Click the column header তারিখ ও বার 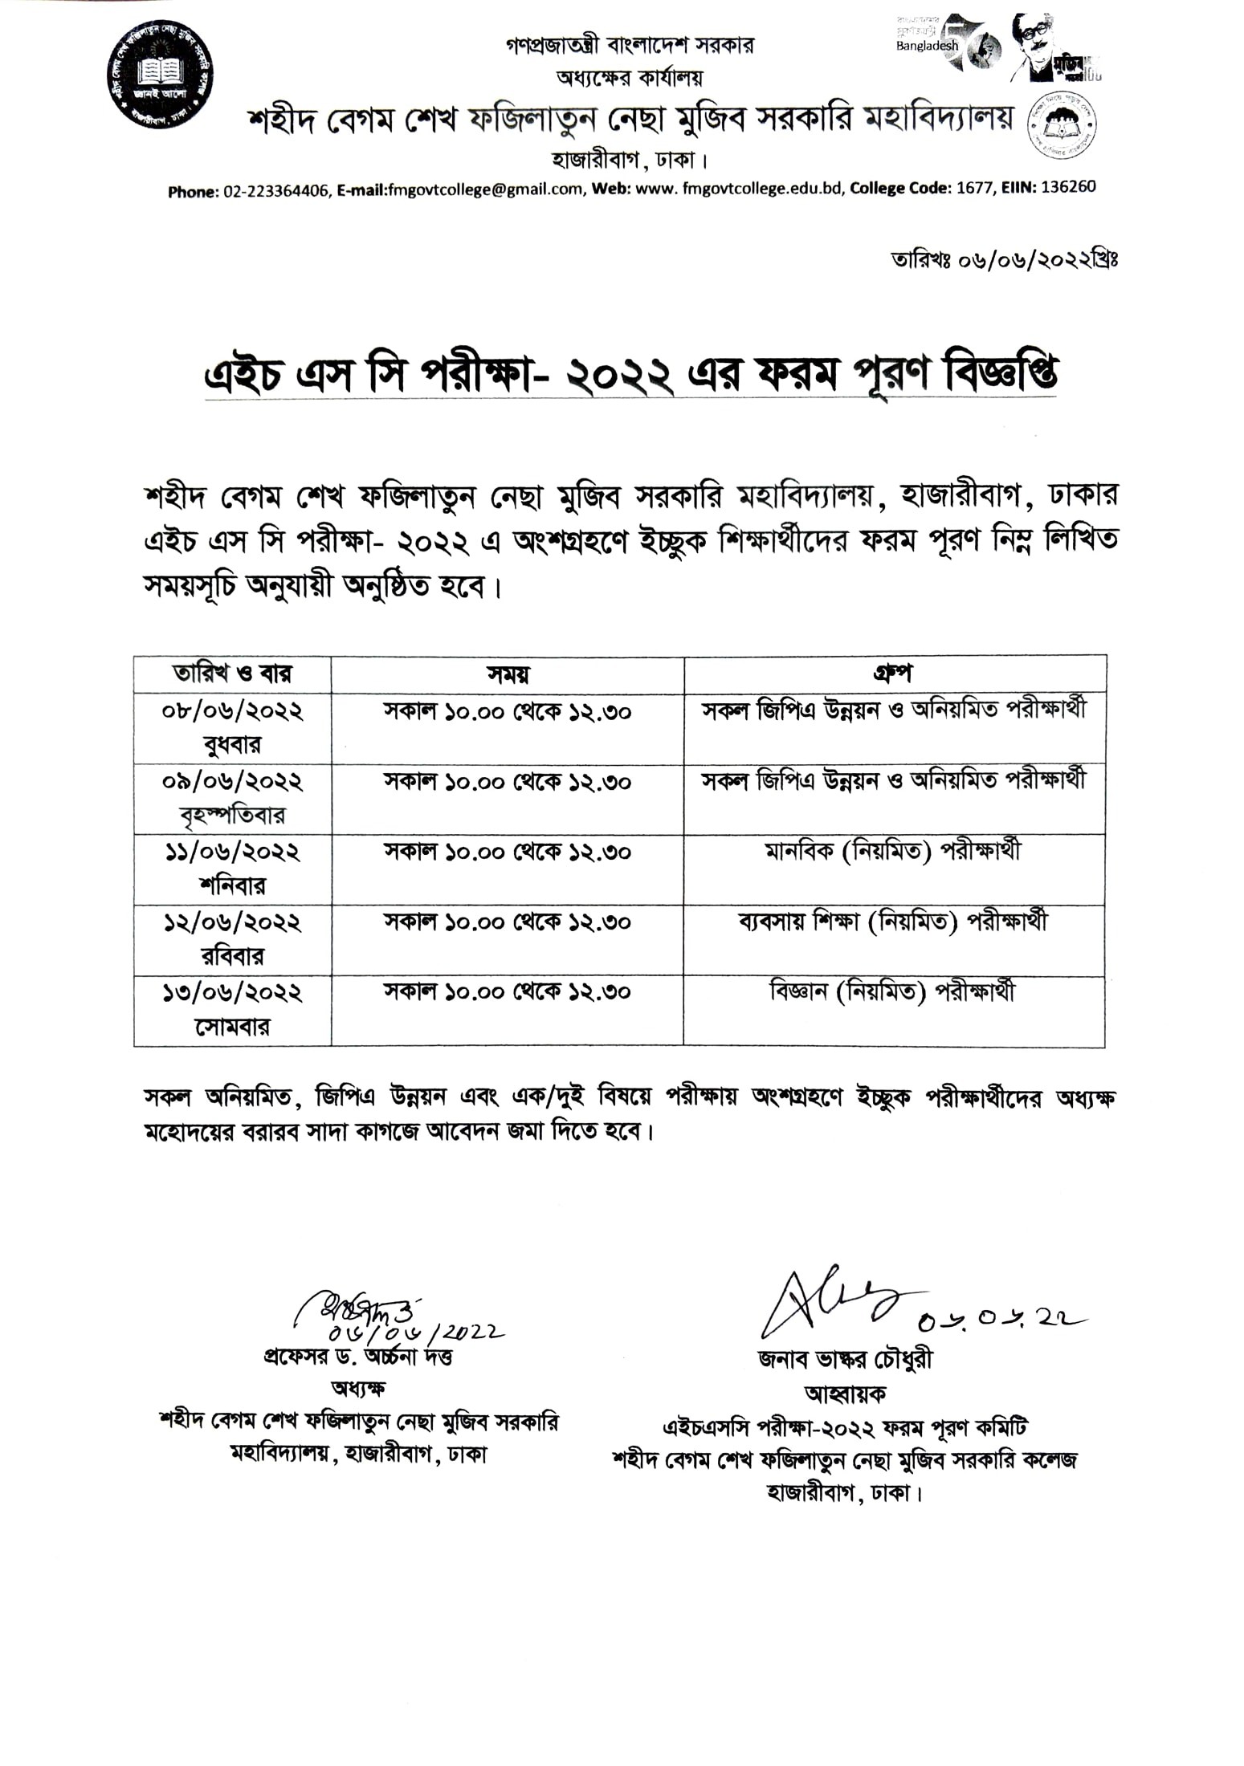(x=232, y=673)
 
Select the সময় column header (x=508, y=674)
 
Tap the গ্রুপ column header (x=893, y=673)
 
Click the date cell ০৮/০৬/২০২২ (x=232, y=711)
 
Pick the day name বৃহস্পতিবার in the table (x=232, y=816)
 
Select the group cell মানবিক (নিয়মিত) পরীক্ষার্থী (x=893, y=850)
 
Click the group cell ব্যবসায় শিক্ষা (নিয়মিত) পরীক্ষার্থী (x=893, y=921)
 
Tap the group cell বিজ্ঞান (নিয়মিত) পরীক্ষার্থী (x=893, y=992)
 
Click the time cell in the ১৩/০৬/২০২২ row (x=508, y=992)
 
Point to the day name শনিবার (x=232, y=886)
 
